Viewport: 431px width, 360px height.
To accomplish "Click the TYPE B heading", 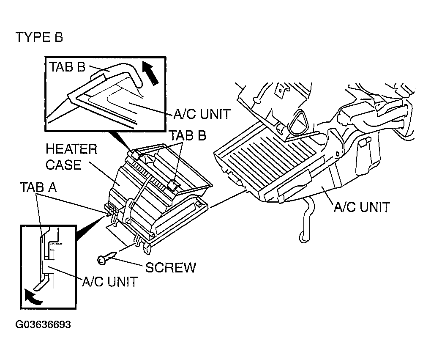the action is coord(39,37).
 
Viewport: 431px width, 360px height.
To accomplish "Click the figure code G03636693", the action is coord(43,324).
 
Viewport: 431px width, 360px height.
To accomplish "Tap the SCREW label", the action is coord(171,267).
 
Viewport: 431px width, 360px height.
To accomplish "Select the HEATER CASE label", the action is coord(71,157).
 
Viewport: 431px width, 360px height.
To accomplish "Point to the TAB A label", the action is coord(38,187).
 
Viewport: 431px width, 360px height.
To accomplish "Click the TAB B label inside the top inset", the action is coord(68,67).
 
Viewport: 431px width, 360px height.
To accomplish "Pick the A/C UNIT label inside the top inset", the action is coord(202,114).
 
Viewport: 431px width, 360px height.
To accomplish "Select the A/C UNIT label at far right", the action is coord(362,207).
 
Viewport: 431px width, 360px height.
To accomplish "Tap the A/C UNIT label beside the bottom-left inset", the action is coord(110,282).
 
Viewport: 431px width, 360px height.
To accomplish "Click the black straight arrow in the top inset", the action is coord(150,73).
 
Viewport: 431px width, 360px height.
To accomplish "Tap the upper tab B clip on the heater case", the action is coord(136,154).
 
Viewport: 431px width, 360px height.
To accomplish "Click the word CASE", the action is coord(63,165).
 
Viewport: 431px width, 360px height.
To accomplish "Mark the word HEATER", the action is coord(71,149).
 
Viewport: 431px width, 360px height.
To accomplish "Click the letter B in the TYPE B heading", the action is coord(59,37).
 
